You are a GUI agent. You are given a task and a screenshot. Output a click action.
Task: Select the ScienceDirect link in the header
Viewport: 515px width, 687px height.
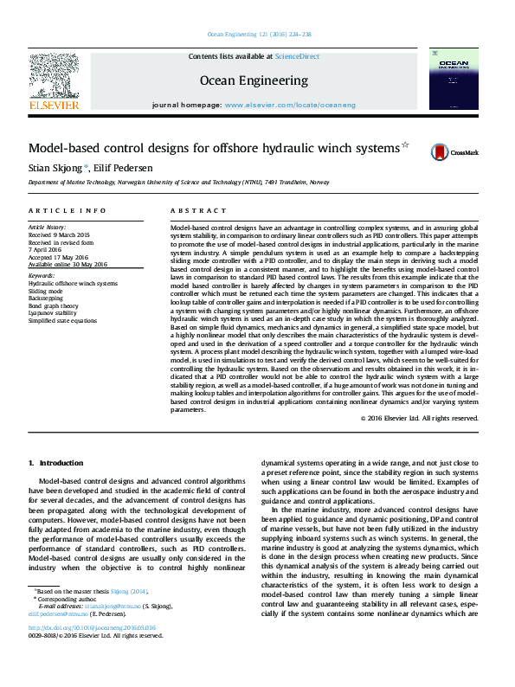pos(297,56)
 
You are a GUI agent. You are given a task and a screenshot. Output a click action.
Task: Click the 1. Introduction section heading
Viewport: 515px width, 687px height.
pos(56,463)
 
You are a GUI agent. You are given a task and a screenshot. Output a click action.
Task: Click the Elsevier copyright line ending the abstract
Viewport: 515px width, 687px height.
pos(419,418)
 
